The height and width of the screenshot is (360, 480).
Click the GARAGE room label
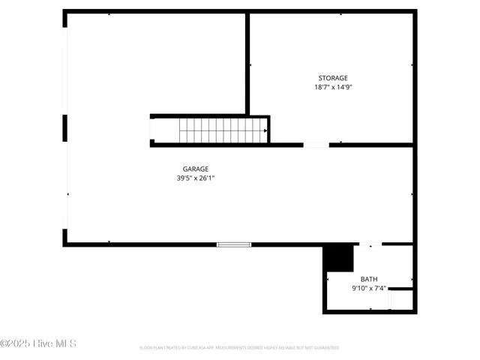[x=196, y=169]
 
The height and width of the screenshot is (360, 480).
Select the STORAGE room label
[x=333, y=78]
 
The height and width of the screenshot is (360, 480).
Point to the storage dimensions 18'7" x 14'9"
[x=333, y=87]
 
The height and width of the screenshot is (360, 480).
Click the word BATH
[x=369, y=279]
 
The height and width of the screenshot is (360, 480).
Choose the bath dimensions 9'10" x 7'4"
[x=369, y=288]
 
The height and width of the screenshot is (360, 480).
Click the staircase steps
[x=221, y=130]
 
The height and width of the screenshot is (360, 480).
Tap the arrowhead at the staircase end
[x=265, y=130]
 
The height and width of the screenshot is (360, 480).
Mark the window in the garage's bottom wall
[x=233, y=244]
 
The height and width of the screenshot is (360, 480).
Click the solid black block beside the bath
[x=338, y=258]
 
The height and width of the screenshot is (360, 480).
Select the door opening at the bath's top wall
[x=370, y=244]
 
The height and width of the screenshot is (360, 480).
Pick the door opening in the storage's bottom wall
[x=316, y=145]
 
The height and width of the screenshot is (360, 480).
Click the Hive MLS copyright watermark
[x=38, y=343]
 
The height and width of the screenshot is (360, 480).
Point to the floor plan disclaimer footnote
[x=239, y=348]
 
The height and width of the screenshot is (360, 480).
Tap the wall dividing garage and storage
[x=247, y=64]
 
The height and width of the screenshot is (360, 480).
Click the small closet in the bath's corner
[x=401, y=299]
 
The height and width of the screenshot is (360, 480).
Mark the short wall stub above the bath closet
[x=401, y=289]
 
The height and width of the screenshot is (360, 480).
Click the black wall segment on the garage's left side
[x=64, y=127]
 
